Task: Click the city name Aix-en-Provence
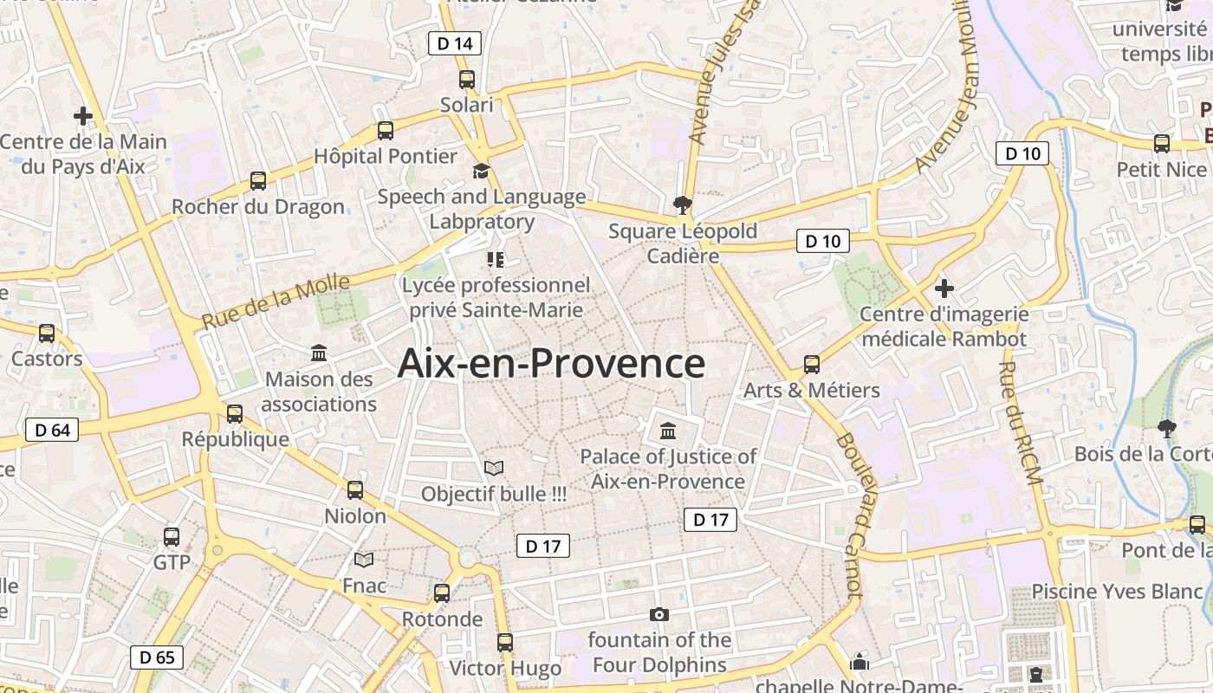[x=551, y=364]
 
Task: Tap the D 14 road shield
[x=455, y=43]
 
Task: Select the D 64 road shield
[x=51, y=430]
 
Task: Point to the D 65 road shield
[x=157, y=657]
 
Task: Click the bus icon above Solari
[x=467, y=80]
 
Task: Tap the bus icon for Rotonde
[x=442, y=593]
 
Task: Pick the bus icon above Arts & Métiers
[x=812, y=365]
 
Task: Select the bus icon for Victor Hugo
[x=505, y=643]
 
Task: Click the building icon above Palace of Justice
[x=668, y=431]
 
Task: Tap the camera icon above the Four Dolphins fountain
[x=659, y=615]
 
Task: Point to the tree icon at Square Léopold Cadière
[x=683, y=205]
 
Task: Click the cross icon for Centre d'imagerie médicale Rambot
[x=944, y=288]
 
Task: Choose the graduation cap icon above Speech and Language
[x=481, y=172]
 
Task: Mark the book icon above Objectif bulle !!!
[x=494, y=469]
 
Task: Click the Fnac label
[x=364, y=586]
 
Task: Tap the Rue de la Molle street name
[x=276, y=301]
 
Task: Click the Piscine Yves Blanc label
[x=1117, y=592]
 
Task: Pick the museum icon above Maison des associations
[x=319, y=353]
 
